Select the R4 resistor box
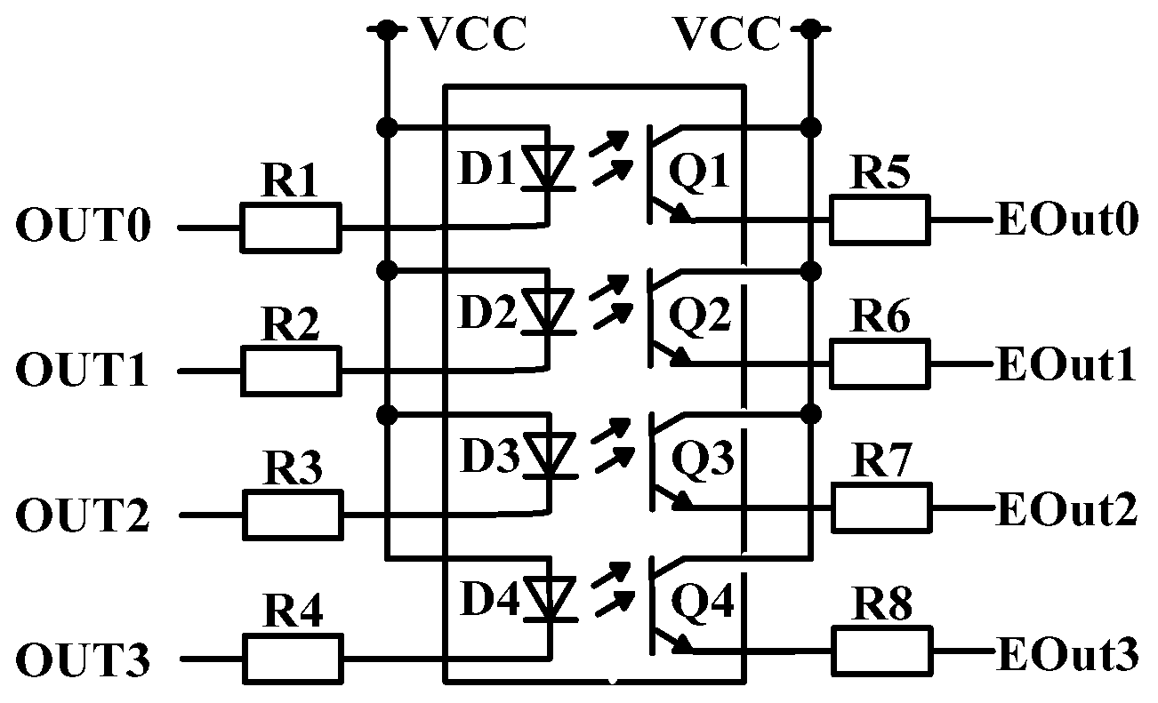(292, 659)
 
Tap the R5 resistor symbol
(880, 219)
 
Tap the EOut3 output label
(1066, 656)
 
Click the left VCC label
(473, 36)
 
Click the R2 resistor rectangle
(290, 371)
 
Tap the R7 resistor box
(881, 508)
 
